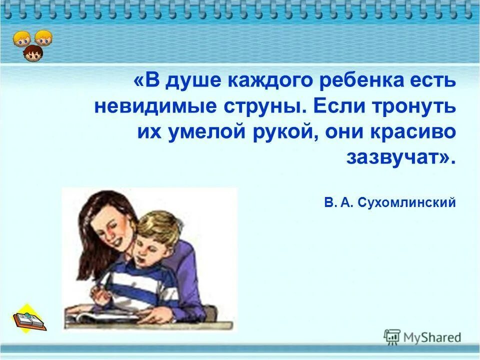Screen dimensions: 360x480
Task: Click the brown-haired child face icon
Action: pyautogui.click(x=33, y=53)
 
